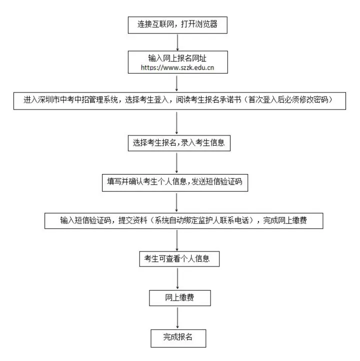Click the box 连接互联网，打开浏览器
[x=177, y=23]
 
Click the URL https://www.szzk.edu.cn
[x=177, y=67]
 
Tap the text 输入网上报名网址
[x=177, y=57]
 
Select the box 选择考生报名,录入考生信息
[x=178, y=142]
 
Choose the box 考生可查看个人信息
[x=178, y=259]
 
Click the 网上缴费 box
[x=178, y=297]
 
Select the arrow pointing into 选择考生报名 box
[x=177, y=121]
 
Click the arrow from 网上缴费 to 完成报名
[x=177, y=317]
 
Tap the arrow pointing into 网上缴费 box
[x=177, y=278]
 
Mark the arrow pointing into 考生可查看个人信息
[x=177, y=239]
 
